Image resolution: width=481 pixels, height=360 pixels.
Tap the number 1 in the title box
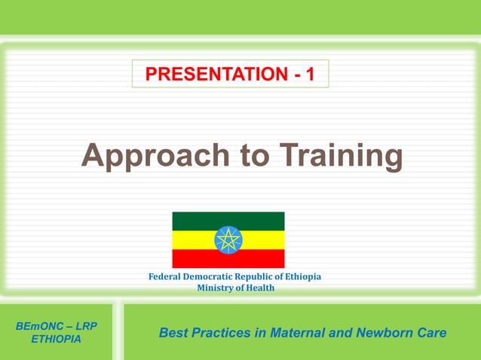tap(310, 75)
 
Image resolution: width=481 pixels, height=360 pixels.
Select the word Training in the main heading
tap(342, 156)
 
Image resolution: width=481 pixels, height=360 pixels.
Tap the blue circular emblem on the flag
tap(228, 240)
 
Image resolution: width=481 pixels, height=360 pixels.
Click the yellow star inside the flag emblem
tap(228, 240)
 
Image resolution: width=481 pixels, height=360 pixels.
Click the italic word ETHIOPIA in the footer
tap(57, 340)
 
